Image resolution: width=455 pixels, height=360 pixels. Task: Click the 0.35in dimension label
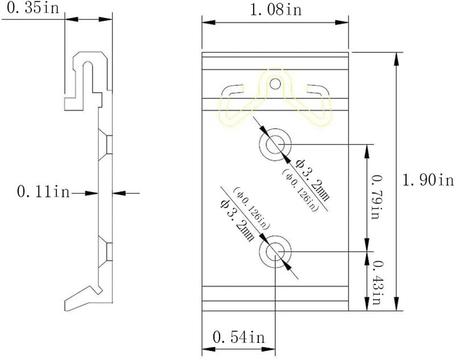pos(33,8)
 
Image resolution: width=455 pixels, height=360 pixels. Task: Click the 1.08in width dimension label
pos(276,10)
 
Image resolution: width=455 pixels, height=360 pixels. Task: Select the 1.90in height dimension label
pos(428,180)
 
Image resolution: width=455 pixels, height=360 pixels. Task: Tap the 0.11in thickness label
pos(44,192)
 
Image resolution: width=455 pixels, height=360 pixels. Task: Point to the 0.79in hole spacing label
pos(376,197)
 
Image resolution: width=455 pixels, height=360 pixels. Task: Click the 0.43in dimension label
pos(377,283)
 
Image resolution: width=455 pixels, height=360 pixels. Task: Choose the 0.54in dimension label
pos(238,337)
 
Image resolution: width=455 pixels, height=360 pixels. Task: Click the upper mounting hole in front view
pos(275,144)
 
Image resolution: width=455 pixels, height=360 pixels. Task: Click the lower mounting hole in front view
pos(275,251)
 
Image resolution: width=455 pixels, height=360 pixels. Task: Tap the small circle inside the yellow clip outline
pos(275,84)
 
